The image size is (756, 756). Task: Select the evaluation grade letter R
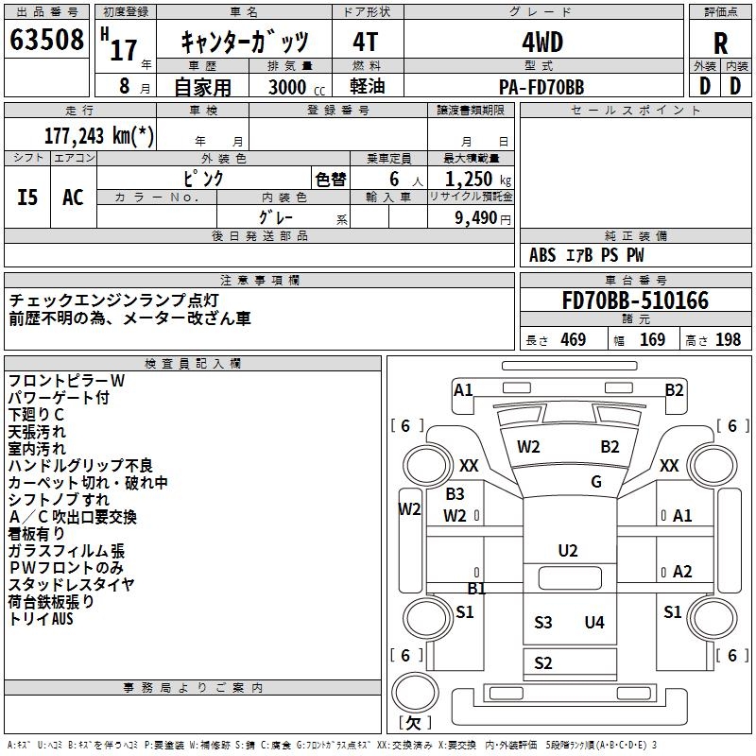click(x=721, y=43)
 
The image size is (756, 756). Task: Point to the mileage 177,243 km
click(x=98, y=136)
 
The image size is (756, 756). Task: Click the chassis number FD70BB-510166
click(x=634, y=301)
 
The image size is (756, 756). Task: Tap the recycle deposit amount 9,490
click(x=474, y=218)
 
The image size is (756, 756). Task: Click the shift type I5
click(x=28, y=198)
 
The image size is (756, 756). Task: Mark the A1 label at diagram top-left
click(x=463, y=389)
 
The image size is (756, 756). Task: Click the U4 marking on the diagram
click(x=593, y=622)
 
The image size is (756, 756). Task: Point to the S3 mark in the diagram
click(x=542, y=622)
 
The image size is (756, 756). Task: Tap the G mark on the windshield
click(x=596, y=482)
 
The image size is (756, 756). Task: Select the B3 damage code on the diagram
click(x=455, y=493)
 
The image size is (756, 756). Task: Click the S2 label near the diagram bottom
click(x=542, y=663)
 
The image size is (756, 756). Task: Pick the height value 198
click(x=729, y=340)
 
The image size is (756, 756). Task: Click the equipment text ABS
click(x=542, y=255)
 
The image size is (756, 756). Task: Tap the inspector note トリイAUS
click(x=41, y=620)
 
